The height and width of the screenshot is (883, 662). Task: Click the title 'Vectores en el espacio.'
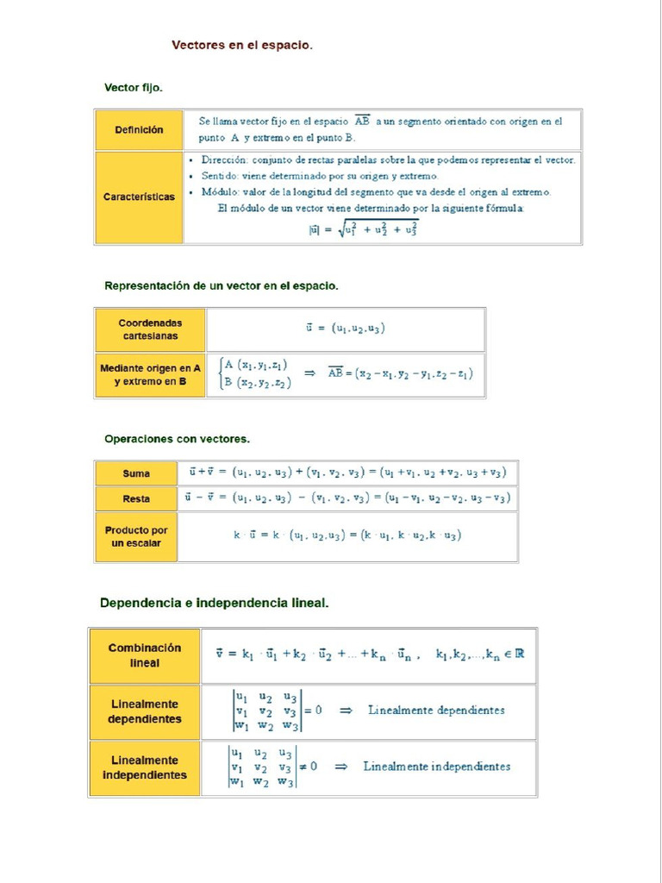tap(241, 45)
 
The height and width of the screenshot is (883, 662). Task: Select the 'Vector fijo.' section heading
tap(133, 88)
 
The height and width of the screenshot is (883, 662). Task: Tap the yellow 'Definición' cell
tap(139, 130)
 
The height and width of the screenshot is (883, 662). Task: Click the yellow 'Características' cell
tap(139, 197)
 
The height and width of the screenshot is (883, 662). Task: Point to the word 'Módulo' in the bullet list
tap(221, 192)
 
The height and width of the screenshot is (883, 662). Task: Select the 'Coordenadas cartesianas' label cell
tap(150, 329)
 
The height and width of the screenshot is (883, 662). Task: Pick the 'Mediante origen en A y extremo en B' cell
tap(150, 374)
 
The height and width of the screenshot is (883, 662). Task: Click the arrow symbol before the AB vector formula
tap(310, 373)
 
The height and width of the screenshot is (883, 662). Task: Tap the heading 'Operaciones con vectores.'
tap(177, 439)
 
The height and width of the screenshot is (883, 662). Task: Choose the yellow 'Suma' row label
tap(136, 473)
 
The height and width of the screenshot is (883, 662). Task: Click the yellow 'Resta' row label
tap(136, 499)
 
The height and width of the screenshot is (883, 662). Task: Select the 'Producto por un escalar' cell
tap(136, 536)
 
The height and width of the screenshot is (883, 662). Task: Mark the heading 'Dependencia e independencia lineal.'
tap(214, 603)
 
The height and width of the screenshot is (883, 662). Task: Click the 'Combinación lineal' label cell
tap(145, 655)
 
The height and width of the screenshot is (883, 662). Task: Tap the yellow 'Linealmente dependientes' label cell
tap(145, 712)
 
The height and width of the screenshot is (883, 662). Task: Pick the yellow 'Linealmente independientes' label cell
tap(145, 767)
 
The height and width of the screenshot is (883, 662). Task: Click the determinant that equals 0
tap(265, 711)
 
